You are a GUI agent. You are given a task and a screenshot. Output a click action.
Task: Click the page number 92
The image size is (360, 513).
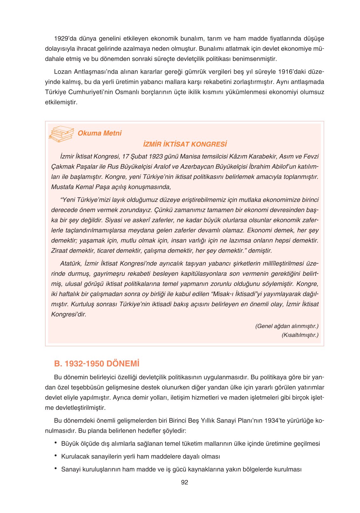coord(184,482)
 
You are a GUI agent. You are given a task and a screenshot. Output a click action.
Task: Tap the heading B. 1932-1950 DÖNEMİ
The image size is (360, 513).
coord(97,364)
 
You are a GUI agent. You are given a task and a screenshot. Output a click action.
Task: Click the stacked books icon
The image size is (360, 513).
coord(61,134)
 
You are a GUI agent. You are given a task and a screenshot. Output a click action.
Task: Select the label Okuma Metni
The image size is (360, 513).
coord(99,133)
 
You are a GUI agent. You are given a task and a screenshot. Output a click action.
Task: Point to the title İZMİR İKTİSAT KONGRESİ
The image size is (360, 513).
coord(185,144)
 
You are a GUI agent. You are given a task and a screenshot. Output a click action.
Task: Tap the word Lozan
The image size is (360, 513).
coord(63,71)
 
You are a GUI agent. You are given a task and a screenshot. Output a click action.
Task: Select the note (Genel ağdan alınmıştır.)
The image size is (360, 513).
coord(287,326)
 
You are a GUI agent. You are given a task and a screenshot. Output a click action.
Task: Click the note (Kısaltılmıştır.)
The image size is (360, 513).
coord(300,335)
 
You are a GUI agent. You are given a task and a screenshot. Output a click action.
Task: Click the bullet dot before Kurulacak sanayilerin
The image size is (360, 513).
coord(56,456)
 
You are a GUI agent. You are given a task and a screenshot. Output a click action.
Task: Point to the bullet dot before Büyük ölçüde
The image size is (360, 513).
coord(56,443)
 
